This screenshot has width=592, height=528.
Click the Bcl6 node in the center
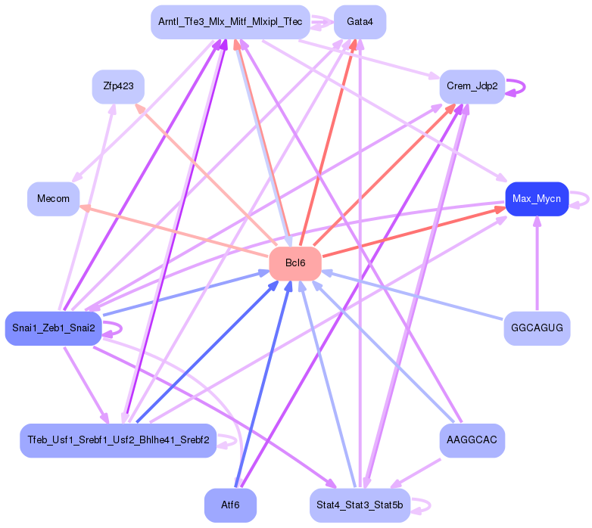295,262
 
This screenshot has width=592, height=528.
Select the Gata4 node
360,22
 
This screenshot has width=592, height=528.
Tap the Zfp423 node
118,86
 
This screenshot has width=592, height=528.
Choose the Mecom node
53,199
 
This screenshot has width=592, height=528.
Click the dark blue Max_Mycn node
536,199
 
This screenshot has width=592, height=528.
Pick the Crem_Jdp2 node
472,86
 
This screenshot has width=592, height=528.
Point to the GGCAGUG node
537,328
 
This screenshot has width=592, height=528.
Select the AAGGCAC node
472,440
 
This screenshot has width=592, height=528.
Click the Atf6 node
230,505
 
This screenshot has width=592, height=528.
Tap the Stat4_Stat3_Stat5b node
360,505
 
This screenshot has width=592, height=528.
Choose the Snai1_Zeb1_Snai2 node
53,328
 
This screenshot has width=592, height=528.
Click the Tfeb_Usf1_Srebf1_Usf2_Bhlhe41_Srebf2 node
118,440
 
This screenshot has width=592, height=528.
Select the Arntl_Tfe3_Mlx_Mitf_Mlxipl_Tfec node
230,22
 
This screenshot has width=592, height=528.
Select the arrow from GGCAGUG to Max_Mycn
537,265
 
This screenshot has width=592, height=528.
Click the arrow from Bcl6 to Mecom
174,230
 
